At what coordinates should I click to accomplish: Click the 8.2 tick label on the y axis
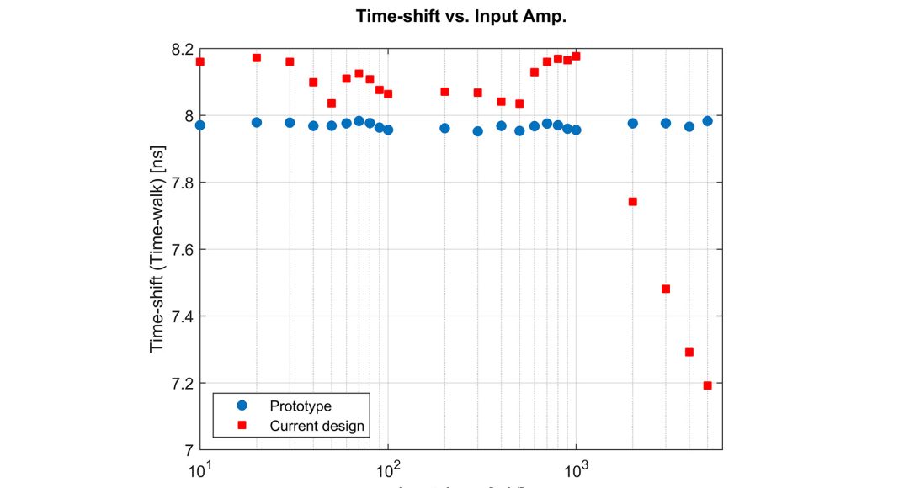pos(181,50)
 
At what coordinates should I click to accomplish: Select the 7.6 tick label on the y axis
pos(181,250)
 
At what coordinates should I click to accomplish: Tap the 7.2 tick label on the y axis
pos(181,384)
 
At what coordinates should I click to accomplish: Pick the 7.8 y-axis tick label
pos(181,183)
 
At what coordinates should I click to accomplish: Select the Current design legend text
pos(317,426)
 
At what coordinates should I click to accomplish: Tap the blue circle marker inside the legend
pos(242,405)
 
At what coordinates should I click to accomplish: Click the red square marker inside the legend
pos(242,426)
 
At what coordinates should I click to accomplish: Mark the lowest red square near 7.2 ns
pos(707,385)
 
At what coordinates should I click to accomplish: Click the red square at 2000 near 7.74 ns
pos(633,202)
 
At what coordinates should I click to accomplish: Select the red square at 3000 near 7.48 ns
pos(666,289)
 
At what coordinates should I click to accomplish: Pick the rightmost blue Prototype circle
pos(707,121)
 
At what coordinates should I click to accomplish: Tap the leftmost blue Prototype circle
pos(200,125)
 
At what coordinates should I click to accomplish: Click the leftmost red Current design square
pos(200,61)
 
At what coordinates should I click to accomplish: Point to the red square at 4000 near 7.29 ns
pos(689,353)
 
